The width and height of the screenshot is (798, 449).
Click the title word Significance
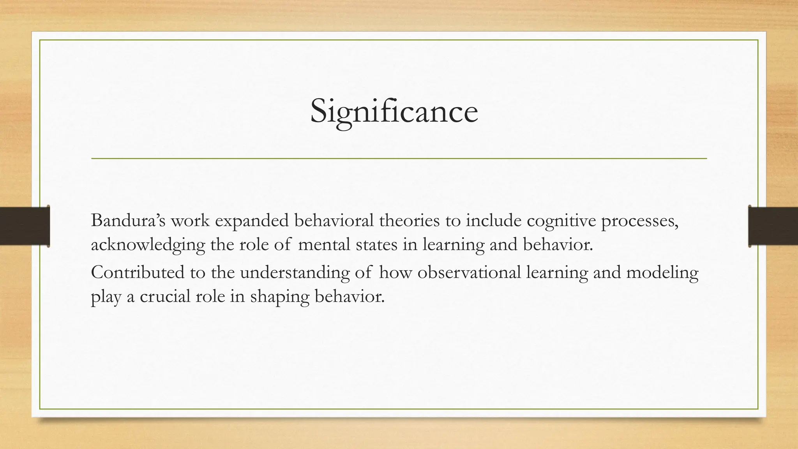click(394, 111)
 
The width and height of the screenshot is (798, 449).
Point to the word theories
click(412, 221)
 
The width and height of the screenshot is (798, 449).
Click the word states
click(374, 245)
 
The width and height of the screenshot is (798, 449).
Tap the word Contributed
click(138, 272)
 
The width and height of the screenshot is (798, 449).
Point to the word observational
click(469, 272)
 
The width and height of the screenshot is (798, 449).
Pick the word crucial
click(165, 297)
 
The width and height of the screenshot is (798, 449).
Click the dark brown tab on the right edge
click(773, 226)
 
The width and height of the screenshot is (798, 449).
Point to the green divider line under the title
click(399, 159)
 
